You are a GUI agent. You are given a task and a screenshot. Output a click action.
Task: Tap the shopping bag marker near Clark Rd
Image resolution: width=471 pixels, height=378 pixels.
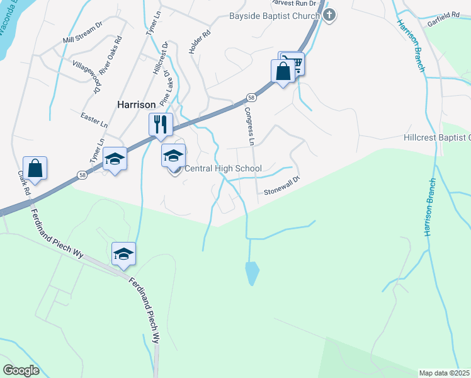point(35,168)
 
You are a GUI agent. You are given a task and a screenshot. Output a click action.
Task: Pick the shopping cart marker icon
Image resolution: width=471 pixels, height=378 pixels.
point(292,64)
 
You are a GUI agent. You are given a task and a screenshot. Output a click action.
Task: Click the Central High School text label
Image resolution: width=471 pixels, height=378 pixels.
point(222,169)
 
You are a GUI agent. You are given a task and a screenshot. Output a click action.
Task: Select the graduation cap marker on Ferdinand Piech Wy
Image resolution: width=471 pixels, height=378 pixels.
point(124,254)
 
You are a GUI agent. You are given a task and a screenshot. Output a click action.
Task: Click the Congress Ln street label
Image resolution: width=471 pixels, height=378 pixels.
point(249,127)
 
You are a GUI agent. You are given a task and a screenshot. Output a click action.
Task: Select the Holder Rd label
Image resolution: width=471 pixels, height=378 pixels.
point(199,42)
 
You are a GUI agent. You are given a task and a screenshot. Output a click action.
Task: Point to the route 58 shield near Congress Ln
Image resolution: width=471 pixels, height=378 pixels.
point(251,98)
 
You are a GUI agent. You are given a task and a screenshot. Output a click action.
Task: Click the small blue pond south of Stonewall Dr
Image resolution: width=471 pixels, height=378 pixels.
point(252,273)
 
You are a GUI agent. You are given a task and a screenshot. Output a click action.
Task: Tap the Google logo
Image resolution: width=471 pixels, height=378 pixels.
point(21,370)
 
